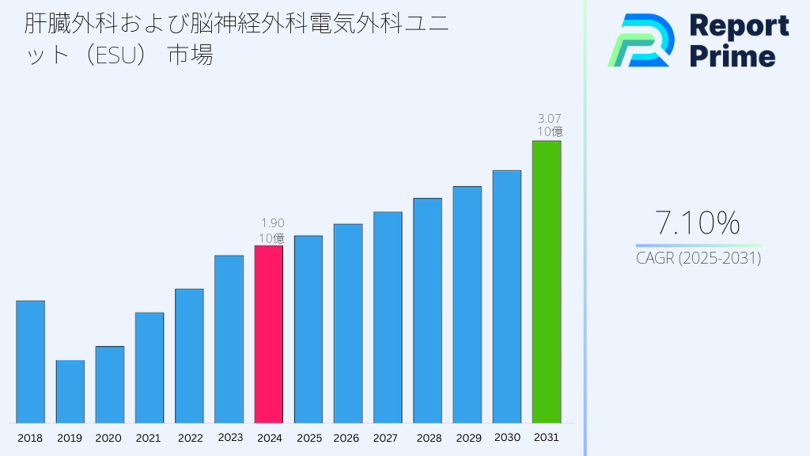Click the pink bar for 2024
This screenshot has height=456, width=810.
pyautogui.click(x=268, y=334)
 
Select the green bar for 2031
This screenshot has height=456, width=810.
pyautogui.click(x=547, y=282)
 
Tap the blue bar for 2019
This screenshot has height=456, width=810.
pyautogui.click(x=70, y=392)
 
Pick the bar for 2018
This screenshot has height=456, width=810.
pyautogui.click(x=30, y=362)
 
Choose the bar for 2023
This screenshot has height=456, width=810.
pyautogui.click(x=229, y=339)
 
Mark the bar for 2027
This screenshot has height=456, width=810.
pyautogui.click(x=388, y=317)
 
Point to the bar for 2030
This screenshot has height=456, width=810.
pyautogui.click(x=507, y=296)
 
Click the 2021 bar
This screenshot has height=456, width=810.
pyautogui.click(x=150, y=367)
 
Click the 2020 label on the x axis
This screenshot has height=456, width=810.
pyautogui.click(x=109, y=438)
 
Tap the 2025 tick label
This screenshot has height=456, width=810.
pyautogui.click(x=308, y=438)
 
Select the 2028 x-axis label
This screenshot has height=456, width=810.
pyautogui.click(x=428, y=438)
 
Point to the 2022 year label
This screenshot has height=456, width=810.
pyautogui.click(x=189, y=438)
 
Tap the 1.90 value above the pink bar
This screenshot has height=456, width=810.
pyautogui.click(x=272, y=223)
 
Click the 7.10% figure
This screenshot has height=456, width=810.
pyautogui.click(x=698, y=224)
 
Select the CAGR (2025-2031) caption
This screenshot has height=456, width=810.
pyautogui.click(x=698, y=258)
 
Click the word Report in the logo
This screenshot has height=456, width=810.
pyautogui.click(x=739, y=26)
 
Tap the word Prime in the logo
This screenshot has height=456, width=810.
pyautogui.click(x=732, y=56)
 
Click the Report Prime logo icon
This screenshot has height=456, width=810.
pyautogui.click(x=641, y=40)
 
